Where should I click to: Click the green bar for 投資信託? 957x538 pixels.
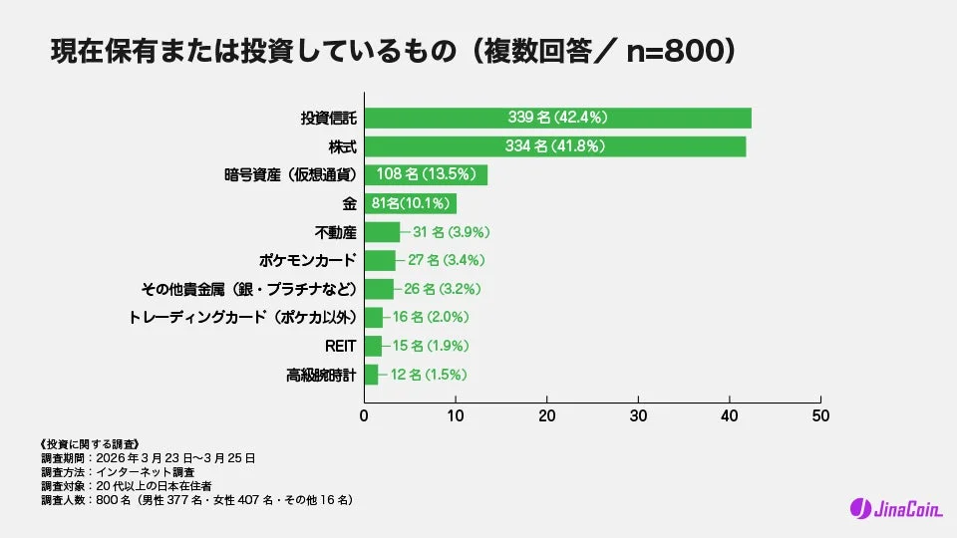pos(557,118)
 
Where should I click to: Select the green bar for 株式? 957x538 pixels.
pos(554,146)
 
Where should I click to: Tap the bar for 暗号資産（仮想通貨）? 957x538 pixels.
pos(426,175)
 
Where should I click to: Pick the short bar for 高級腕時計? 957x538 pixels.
pos(371,375)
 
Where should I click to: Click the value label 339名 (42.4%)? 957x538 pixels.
pos(557,118)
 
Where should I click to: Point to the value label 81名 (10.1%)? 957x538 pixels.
pos(411,204)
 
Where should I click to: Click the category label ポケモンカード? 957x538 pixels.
pos(307,261)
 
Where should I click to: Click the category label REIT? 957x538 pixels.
pos(340,346)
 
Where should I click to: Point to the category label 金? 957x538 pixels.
pos(349,204)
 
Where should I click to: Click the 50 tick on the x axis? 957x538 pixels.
pos(820,413)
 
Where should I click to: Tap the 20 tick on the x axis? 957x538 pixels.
pos(546,413)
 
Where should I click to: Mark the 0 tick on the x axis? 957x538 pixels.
pos(364,413)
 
